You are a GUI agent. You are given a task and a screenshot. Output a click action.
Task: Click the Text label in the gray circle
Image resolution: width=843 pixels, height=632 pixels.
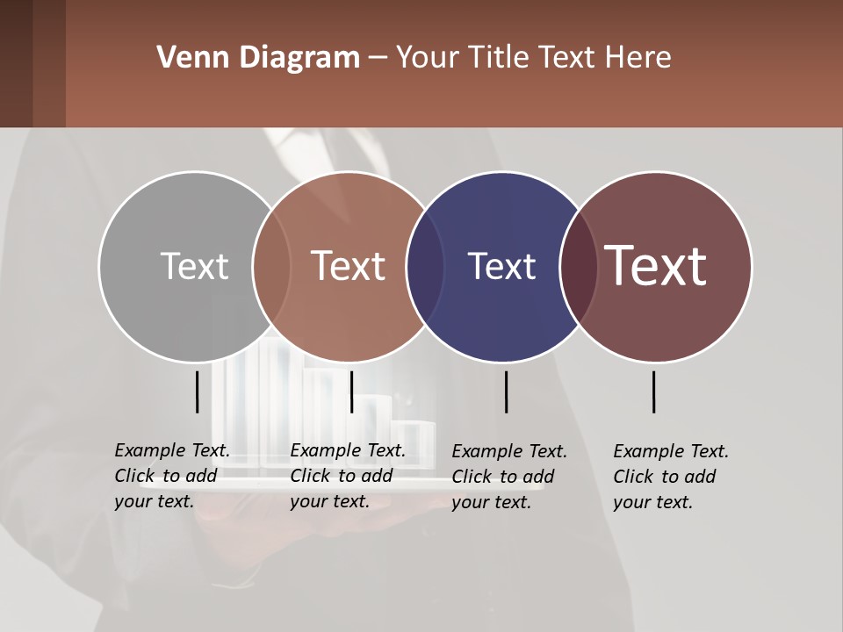point(194,266)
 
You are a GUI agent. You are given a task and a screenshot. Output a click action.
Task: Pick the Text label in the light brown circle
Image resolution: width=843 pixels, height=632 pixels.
point(348,266)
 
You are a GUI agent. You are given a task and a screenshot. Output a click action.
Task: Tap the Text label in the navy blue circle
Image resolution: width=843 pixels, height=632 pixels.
point(501,266)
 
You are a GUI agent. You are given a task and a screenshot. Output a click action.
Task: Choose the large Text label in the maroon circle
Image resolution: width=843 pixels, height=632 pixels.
point(655,266)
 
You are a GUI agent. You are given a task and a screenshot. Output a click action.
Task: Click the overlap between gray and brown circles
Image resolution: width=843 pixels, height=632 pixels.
point(271,266)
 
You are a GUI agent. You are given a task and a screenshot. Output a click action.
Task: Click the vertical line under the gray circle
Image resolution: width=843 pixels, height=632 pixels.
point(197,391)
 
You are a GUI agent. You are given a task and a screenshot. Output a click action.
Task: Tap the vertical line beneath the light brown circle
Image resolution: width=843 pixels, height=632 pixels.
point(351,391)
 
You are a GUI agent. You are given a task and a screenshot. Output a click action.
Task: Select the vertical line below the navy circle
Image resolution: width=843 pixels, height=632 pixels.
point(506,391)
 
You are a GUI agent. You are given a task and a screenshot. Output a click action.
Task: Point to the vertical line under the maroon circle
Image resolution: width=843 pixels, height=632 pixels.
point(653,391)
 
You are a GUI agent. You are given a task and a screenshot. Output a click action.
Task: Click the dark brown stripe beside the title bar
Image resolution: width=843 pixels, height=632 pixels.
point(32,63)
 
